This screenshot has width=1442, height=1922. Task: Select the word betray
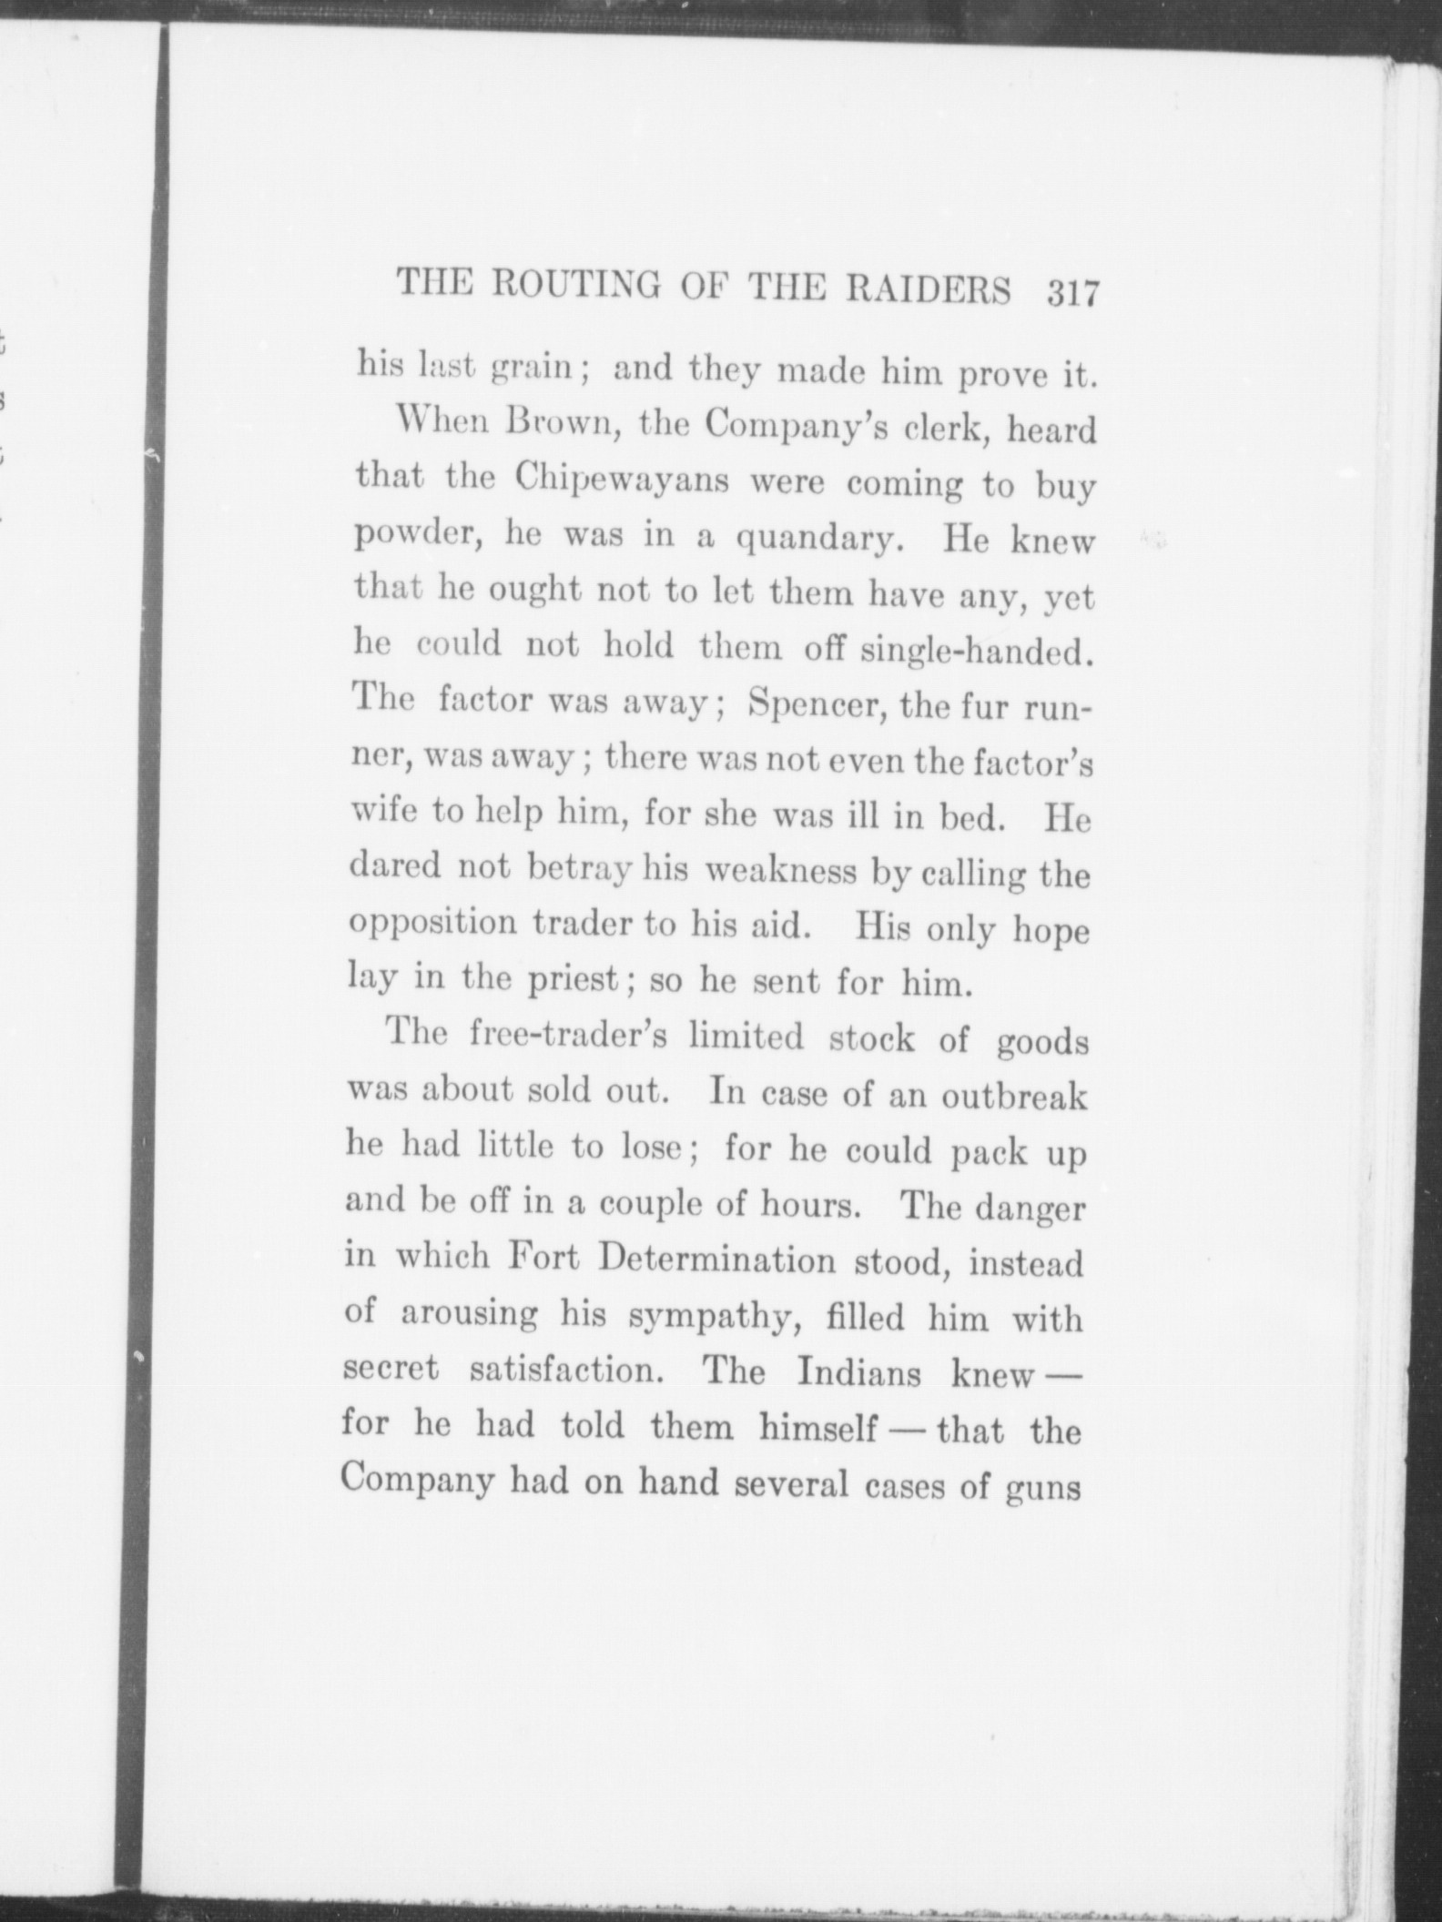pos(581,868)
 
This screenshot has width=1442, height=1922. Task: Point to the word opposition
pos(433,925)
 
